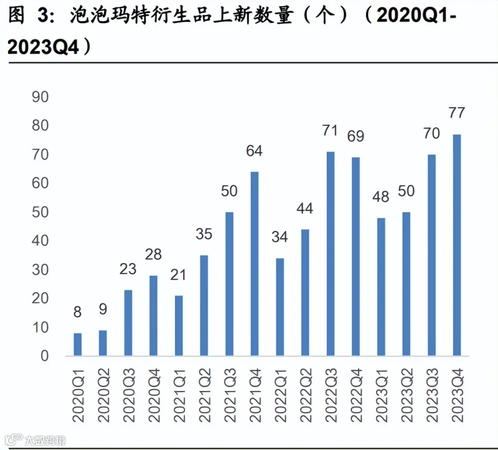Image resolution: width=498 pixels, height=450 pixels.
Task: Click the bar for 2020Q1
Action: pos(77,344)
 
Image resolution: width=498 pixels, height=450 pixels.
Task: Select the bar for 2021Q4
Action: pos(255,263)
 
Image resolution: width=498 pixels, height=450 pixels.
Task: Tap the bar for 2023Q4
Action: pos(457,245)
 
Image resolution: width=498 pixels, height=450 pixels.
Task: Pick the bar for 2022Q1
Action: pos(280,307)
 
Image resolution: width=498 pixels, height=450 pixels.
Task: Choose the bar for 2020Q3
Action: pos(128,322)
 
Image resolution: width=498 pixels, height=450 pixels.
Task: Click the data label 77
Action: pos(457,113)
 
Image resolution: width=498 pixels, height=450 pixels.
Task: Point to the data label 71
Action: pos(330,130)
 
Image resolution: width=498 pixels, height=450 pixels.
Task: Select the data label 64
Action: pos(255,151)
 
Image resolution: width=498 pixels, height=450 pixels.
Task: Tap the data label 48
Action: pos(381,197)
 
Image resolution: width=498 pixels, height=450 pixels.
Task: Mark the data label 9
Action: pos(103,309)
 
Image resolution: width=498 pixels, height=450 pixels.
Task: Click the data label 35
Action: pos(204,234)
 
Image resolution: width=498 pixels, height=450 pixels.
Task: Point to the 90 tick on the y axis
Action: pos(40,97)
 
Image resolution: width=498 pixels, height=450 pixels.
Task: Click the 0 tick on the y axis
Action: pos(44,356)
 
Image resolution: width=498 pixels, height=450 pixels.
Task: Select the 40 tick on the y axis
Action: pos(40,241)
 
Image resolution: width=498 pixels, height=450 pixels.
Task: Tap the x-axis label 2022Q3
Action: pos(331,395)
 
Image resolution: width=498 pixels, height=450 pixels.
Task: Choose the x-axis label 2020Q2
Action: pos(103,395)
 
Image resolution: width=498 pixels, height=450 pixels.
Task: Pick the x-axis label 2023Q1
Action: pos(382,395)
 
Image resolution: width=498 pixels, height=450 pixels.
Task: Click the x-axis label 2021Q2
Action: pos(205,395)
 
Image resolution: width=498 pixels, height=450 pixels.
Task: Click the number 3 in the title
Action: pos(43,15)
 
